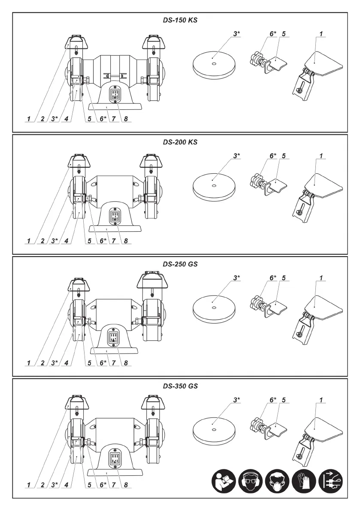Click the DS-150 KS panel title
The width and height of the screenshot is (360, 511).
[180, 20]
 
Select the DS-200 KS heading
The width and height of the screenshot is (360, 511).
[180, 142]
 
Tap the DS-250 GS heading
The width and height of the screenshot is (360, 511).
[180, 264]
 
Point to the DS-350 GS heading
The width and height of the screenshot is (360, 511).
[180, 386]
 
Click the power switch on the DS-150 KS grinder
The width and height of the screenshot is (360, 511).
[115, 94]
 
